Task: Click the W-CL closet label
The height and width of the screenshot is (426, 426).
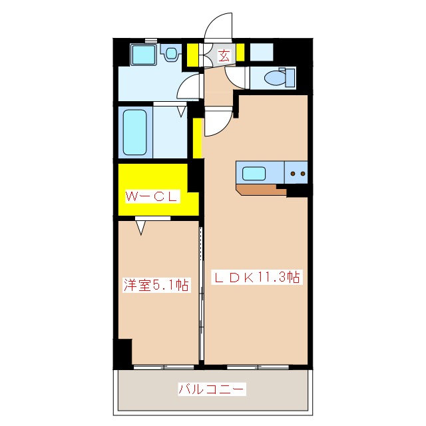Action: (x=152, y=196)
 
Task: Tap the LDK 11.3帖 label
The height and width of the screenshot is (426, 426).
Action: (x=256, y=278)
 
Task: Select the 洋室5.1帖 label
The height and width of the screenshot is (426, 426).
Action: (x=156, y=285)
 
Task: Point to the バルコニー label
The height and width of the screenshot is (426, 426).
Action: (x=212, y=389)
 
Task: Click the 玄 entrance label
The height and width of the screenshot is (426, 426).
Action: (x=224, y=56)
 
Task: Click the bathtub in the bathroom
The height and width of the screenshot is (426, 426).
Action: (x=134, y=132)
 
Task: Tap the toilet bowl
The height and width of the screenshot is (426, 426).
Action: (x=275, y=78)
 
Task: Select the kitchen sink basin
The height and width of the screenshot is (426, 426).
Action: (x=254, y=173)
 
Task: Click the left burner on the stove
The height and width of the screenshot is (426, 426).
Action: (x=293, y=173)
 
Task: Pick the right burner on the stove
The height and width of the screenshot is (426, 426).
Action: (x=303, y=173)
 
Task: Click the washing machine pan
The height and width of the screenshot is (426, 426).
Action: (x=144, y=55)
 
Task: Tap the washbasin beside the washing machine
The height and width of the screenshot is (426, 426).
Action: (x=171, y=53)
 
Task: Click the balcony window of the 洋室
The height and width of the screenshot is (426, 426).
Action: (x=164, y=367)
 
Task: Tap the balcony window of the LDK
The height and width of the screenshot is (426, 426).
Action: (x=258, y=367)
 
